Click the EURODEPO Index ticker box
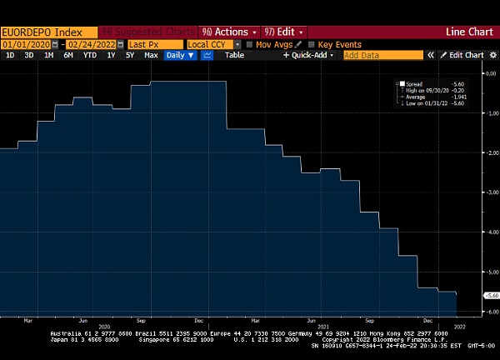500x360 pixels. point(42,32)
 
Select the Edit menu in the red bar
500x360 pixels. point(282,32)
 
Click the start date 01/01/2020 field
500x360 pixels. point(26,44)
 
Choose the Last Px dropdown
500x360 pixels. point(155,44)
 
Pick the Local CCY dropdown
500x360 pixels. point(213,44)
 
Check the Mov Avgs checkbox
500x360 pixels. point(251,44)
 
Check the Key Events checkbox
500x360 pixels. point(312,44)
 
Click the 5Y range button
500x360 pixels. point(129,55)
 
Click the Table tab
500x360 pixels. point(234,55)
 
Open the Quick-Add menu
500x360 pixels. point(308,55)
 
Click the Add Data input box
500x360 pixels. point(381,55)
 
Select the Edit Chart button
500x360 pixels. point(462,55)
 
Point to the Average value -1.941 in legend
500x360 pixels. point(457,97)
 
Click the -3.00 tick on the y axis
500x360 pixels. point(491,192)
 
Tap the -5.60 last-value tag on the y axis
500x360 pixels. point(492,295)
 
